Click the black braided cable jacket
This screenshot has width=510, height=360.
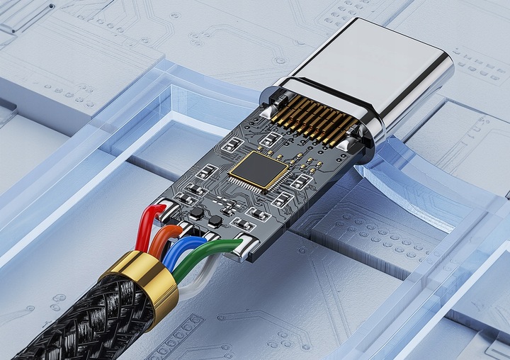[x=78, y=319]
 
